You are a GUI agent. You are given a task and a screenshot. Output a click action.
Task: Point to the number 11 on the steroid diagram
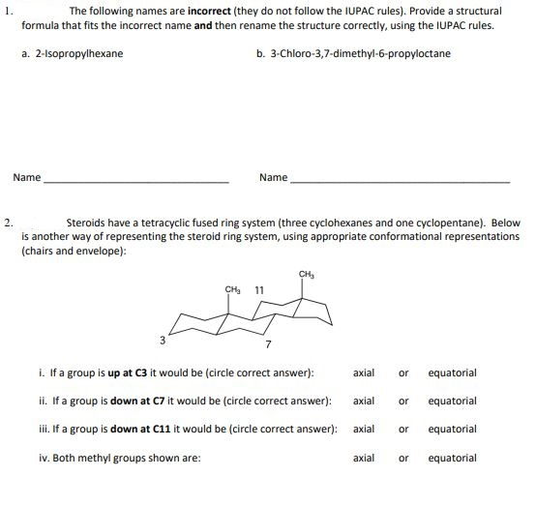[x=259, y=289]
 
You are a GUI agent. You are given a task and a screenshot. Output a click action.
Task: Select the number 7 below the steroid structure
[x=268, y=344]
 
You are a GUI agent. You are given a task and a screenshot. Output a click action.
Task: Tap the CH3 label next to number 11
[x=232, y=289]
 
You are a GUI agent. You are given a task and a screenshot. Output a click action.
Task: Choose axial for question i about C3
[x=365, y=372]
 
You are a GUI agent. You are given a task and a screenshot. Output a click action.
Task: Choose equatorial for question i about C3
[x=452, y=372]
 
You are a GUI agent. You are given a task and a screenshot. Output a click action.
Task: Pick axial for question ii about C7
[x=365, y=401]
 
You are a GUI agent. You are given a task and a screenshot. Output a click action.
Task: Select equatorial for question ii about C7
[x=452, y=401]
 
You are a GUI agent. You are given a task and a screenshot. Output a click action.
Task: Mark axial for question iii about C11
[x=365, y=429]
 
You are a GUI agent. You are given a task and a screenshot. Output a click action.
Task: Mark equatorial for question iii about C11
[x=452, y=429]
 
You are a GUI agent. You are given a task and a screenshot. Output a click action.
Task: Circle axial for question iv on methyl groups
[x=365, y=458]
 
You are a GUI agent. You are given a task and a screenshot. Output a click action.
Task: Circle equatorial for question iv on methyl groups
[x=452, y=458]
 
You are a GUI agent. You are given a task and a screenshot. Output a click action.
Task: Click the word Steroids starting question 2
[x=84, y=223]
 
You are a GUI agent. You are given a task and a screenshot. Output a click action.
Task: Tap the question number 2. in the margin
[x=8, y=222]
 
